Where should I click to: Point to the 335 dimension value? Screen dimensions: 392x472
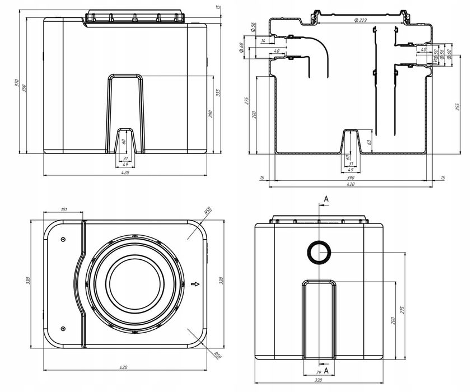(x=219, y=93)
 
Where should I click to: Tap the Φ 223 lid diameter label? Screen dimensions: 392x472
(x=359, y=21)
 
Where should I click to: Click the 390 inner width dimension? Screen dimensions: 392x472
(x=351, y=176)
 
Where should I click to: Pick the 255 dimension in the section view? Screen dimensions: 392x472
(x=459, y=108)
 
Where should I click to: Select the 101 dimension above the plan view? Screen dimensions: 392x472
(x=63, y=209)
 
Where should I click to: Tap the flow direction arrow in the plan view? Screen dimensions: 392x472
(x=195, y=284)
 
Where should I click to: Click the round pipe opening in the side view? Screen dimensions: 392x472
(x=318, y=253)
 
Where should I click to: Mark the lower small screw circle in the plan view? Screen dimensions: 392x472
(x=63, y=328)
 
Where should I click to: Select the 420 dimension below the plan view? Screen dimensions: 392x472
(x=124, y=367)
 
